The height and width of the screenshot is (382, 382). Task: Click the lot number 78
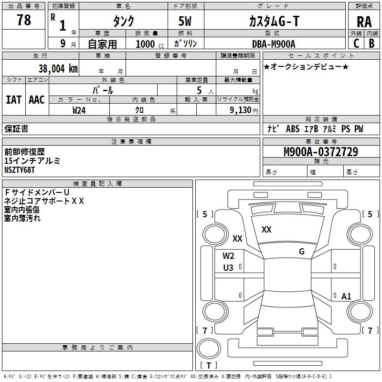click(23, 21)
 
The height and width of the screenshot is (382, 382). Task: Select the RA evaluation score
click(364, 21)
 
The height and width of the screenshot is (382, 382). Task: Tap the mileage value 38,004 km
click(58, 68)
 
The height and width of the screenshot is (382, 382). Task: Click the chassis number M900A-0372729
click(320, 152)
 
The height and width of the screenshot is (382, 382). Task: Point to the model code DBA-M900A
click(274, 44)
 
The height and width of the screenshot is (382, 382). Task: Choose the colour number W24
click(79, 110)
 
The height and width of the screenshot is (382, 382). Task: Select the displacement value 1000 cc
click(148, 44)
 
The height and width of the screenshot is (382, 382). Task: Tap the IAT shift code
click(13, 99)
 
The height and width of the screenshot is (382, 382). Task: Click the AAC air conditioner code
click(37, 99)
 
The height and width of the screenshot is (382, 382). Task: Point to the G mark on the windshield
click(301, 252)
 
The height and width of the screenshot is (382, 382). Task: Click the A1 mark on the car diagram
click(346, 297)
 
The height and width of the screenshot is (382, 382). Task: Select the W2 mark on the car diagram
click(228, 255)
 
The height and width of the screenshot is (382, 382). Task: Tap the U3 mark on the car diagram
click(228, 268)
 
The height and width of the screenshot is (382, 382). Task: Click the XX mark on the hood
click(266, 230)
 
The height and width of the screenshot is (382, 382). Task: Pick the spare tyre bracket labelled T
click(209, 366)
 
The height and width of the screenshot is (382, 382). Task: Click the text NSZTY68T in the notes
click(20, 170)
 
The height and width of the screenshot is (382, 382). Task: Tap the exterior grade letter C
click(356, 43)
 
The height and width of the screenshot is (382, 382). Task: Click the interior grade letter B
click(371, 43)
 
